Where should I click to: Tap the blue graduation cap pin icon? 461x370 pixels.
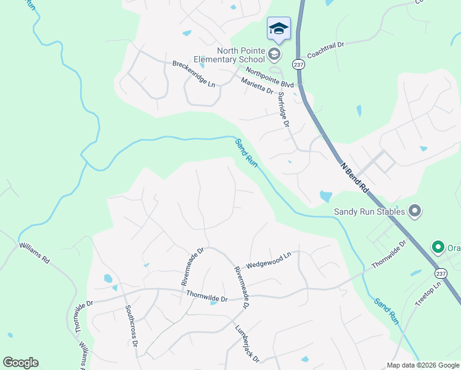tap(279, 28)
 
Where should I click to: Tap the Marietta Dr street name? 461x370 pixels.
tap(257, 86)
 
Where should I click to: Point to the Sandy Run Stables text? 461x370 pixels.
tap(369, 212)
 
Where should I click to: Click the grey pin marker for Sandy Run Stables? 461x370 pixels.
tap(415, 212)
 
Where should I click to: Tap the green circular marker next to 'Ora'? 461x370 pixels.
tap(438, 248)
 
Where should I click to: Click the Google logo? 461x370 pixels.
tap(20, 363)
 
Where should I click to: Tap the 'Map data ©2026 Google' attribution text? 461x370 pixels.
tap(423, 365)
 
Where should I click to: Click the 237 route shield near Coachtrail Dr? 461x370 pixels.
tap(298, 64)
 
